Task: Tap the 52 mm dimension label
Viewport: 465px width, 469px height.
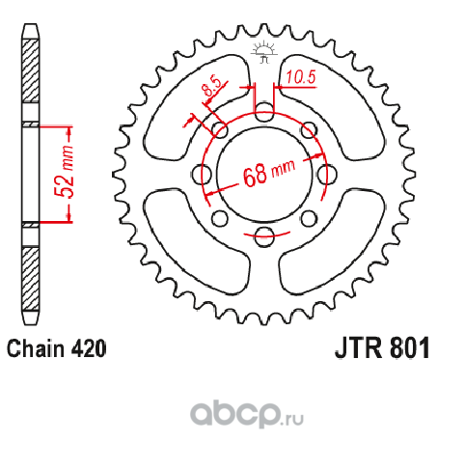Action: pyautogui.click(x=64, y=172)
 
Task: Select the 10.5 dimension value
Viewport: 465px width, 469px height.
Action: pyautogui.click(x=301, y=77)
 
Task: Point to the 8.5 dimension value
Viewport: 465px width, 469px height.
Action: pyautogui.click(x=212, y=86)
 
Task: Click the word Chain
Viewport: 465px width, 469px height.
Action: pyautogui.click(x=36, y=348)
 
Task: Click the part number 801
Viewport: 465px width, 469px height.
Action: pyautogui.click(x=410, y=347)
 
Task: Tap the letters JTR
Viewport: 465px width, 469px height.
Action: pyautogui.click(x=359, y=347)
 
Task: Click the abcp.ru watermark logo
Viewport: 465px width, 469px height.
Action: pyautogui.click(x=247, y=414)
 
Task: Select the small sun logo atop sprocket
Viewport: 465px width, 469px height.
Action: pyautogui.click(x=264, y=52)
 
